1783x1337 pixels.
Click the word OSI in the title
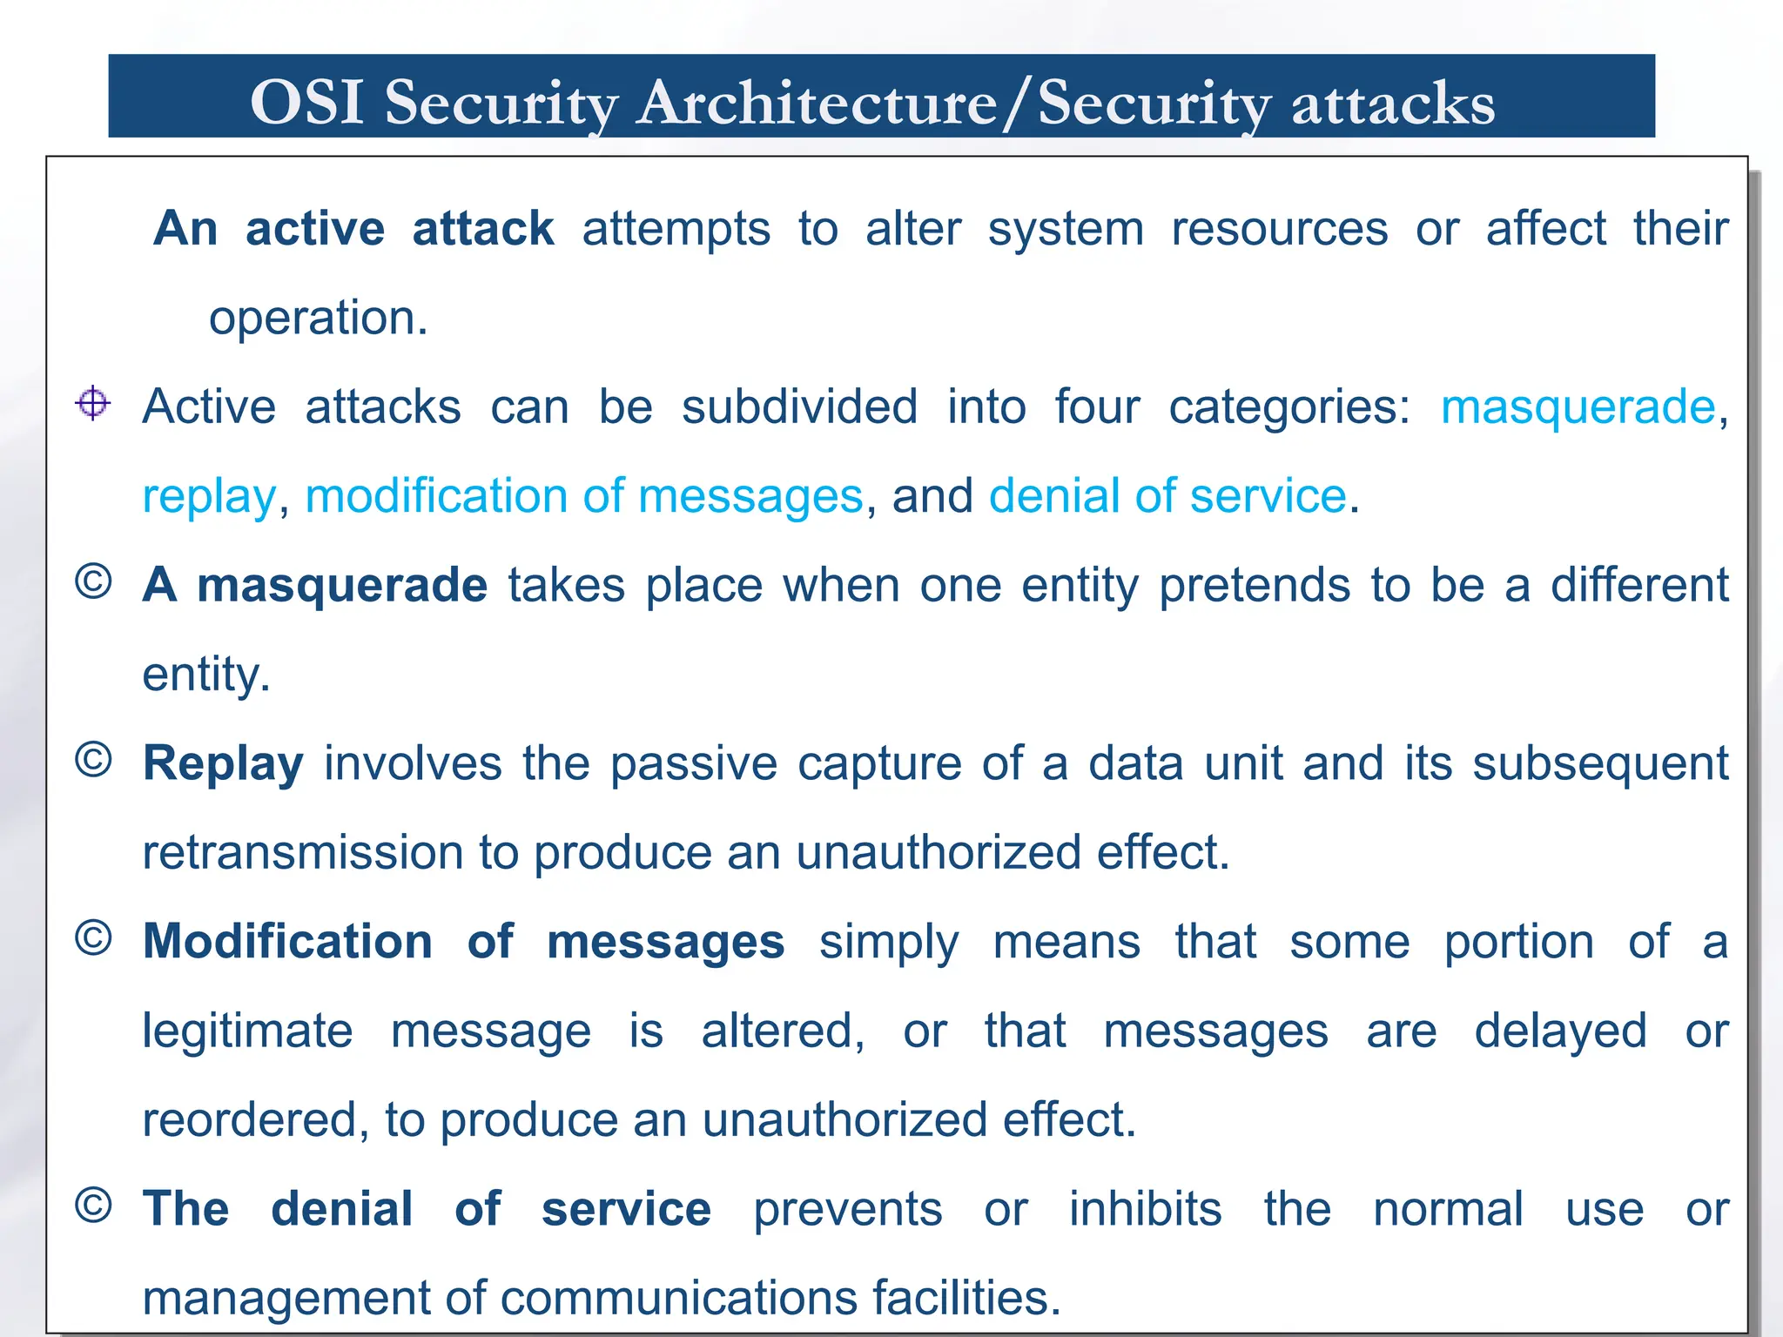click(306, 103)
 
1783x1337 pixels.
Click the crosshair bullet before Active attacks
click(92, 403)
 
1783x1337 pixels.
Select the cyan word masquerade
click(1578, 407)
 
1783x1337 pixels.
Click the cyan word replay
click(209, 497)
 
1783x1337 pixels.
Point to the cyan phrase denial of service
click(1167, 496)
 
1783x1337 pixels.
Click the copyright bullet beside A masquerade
click(93, 581)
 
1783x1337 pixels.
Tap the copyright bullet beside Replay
click(93, 760)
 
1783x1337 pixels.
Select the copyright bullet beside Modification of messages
click(93, 938)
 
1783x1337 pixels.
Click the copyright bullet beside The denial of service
click(93, 1206)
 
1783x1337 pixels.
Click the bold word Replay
click(223, 763)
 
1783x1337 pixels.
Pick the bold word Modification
click(287, 942)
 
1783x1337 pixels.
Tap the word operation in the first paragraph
click(318, 318)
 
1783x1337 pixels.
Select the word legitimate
click(247, 1031)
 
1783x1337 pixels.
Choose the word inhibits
click(1145, 1209)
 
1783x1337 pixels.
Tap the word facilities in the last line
click(966, 1298)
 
